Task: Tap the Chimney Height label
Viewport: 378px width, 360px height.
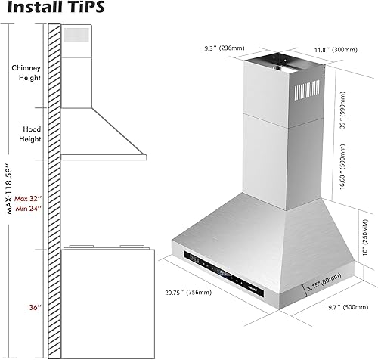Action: [x=26, y=73]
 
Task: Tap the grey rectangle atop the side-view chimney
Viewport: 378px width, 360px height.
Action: [x=76, y=35]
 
